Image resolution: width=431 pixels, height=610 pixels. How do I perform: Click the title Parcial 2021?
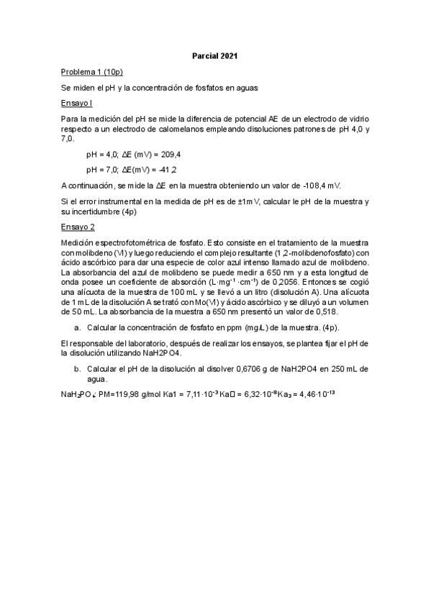click(x=215, y=55)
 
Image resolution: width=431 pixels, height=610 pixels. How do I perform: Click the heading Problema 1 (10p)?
click(x=91, y=72)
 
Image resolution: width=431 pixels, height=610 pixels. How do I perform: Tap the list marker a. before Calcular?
click(x=77, y=327)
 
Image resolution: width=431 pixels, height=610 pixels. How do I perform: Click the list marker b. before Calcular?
click(x=77, y=369)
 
